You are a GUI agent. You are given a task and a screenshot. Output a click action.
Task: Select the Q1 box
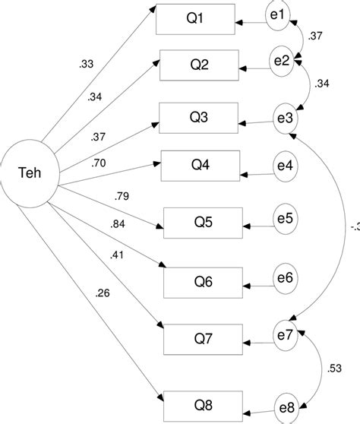pyautogui.click(x=194, y=20)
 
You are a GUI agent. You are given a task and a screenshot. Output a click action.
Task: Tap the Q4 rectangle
pyautogui.click(x=201, y=165)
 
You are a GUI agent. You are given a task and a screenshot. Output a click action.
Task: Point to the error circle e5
pyautogui.click(x=286, y=218)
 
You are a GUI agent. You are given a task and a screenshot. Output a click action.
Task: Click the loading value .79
pyautogui.click(x=122, y=195)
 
